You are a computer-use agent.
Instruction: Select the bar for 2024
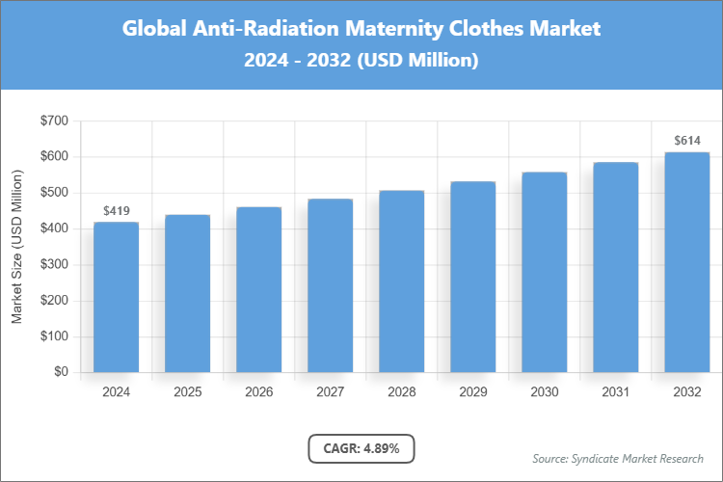116,297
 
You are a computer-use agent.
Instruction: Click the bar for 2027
330,285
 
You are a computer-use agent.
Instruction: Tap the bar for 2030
545,272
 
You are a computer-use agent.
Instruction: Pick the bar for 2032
686,262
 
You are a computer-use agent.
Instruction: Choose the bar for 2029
472,277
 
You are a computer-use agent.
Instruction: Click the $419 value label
116,210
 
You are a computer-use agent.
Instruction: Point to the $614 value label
686,141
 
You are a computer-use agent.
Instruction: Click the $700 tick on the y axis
53,120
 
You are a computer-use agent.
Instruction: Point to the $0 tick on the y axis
60,372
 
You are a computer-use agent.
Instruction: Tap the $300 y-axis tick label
53,264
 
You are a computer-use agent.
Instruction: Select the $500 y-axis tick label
53,193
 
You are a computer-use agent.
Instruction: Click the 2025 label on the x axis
187,392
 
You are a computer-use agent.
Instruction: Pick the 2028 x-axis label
401,392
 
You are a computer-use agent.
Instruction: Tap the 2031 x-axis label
615,392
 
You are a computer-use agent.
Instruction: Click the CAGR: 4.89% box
361,448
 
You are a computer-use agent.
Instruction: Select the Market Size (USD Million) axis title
16,247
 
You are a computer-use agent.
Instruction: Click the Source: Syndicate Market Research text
618,458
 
